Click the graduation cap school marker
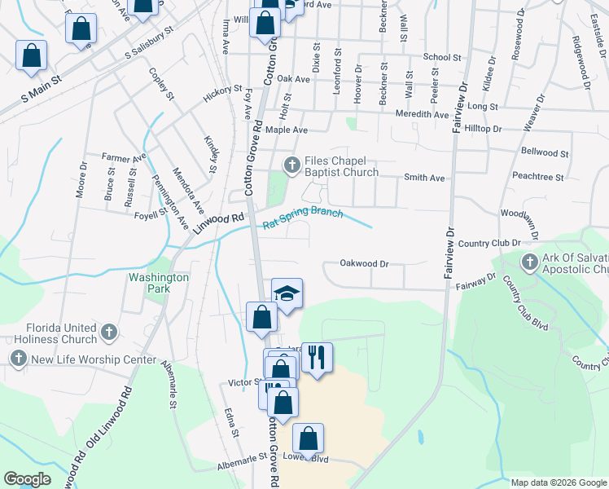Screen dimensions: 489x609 tap(286, 293)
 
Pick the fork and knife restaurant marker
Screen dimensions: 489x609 tap(317, 356)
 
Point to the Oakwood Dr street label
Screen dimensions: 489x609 tap(365, 263)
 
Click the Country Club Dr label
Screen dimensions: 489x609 tap(489, 243)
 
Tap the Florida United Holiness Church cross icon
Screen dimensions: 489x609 tap(110, 333)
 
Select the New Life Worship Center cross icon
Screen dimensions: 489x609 tap(18, 359)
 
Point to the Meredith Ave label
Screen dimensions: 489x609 tap(422, 115)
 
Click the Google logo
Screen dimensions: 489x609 tap(27, 479)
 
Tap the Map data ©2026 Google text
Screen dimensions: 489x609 tap(559, 482)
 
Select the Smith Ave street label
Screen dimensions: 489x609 tap(424, 177)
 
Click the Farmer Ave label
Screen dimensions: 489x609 tap(124, 156)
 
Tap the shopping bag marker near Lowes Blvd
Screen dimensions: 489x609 tap(309, 439)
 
